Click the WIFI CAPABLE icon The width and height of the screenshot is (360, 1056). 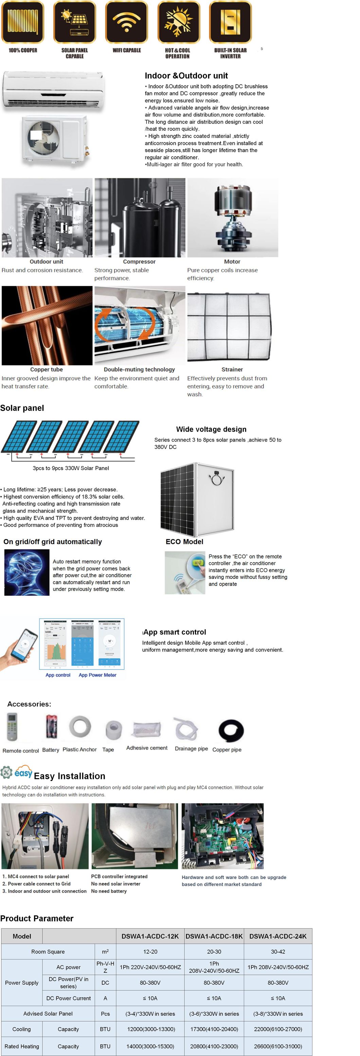(x=126, y=22)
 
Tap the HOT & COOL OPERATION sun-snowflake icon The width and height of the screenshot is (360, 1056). (x=178, y=22)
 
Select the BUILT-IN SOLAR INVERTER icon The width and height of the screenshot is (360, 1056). (x=230, y=22)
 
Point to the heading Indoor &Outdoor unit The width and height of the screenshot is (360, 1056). (x=186, y=75)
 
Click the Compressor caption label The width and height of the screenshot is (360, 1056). (x=139, y=262)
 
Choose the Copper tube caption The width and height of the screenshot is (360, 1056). (x=46, y=369)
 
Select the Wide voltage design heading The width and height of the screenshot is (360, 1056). (x=211, y=429)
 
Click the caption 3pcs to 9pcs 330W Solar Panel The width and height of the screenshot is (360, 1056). (x=71, y=468)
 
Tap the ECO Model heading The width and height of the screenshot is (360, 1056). (x=184, y=541)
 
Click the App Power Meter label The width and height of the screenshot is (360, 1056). (x=97, y=675)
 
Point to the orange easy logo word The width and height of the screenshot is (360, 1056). (x=23, y=773)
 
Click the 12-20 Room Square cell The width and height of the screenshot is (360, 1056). (x=150, y=951)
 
